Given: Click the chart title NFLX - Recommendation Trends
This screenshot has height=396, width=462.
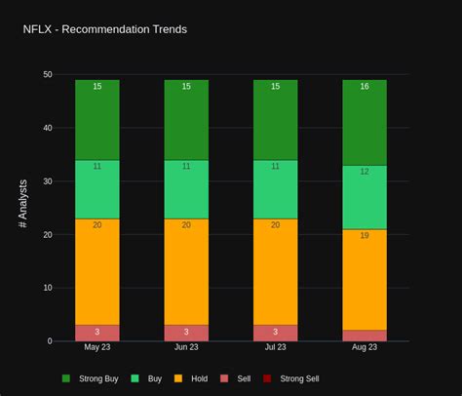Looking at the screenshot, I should pos(104,29).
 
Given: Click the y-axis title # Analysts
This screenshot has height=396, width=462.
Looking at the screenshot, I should pos(23,204).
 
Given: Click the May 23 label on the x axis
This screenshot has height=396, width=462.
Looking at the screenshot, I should pos(97,347).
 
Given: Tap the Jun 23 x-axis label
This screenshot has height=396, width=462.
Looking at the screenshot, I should pos(186,347).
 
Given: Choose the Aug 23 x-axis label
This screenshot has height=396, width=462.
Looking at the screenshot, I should pos(365,347).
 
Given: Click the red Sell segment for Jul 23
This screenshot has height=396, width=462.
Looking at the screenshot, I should pos(275,333).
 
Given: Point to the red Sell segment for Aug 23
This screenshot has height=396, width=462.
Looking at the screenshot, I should pos(365,336).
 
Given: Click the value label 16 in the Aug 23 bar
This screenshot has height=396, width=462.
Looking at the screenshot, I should pos(365,87).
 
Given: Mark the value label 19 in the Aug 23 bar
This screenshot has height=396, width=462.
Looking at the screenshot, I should pos(365,235).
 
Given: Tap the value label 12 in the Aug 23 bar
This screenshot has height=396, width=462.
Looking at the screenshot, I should pos(365,172).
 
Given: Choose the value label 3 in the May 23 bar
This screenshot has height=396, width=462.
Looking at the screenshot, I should pos(97,332).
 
